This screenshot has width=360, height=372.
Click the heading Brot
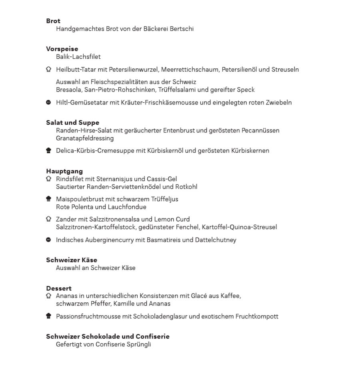pos(53,21)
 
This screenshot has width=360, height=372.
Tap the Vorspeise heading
pos(62,49)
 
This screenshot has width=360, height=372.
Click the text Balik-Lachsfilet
pos(78,57)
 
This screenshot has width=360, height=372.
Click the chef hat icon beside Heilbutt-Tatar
pos(49,69)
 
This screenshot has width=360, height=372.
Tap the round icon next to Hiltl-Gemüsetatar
pos(49,102)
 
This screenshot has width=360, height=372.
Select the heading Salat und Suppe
pos(72,122)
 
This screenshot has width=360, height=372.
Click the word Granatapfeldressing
pos(85,138)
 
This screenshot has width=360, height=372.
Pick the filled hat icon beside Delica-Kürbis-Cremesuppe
pos(49,151)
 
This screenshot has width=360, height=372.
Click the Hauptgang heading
pos(64,171)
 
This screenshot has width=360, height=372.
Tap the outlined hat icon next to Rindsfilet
pos(49,179)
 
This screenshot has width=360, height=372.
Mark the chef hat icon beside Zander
pos(49,219)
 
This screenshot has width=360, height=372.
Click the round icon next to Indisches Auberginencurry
pos(49,240)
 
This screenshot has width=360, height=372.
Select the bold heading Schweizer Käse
pos(72,260)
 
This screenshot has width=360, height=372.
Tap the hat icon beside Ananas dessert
pos(49,296)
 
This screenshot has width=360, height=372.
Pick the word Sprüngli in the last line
pos(138,344)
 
